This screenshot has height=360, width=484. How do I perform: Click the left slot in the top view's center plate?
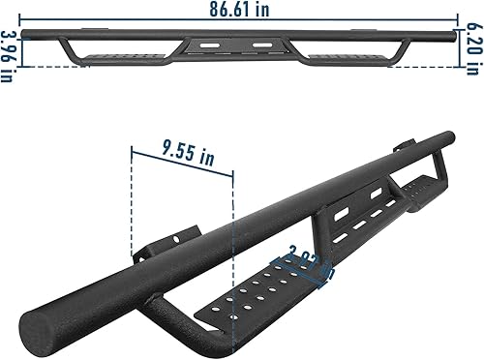coord(207,45)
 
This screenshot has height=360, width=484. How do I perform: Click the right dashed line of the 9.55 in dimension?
coord(232,232)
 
